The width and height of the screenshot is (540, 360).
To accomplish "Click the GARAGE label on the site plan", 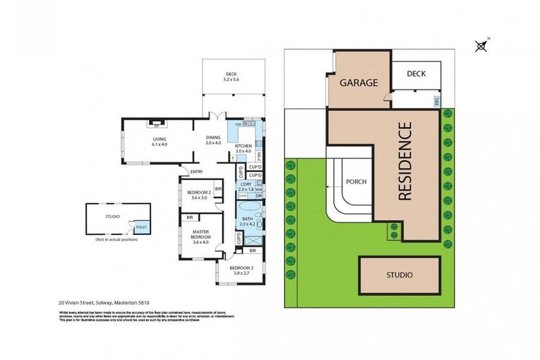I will [359, 82].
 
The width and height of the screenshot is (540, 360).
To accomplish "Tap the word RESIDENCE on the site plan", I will [405, 161].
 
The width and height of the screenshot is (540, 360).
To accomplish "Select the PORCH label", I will [356, 181].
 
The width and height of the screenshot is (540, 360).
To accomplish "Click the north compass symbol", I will [481, 46].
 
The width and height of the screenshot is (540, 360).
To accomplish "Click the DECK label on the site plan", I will [416, 73].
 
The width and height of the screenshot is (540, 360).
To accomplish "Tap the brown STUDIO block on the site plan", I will [399, 274].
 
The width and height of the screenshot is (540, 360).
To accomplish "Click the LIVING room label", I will [160, 139].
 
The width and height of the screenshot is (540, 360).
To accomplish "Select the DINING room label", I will [213, 138].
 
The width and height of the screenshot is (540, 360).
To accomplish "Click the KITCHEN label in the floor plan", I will [243, 146].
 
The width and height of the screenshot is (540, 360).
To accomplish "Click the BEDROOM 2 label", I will [199, 193].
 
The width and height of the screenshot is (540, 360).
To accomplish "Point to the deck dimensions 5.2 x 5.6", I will [231, 79].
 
